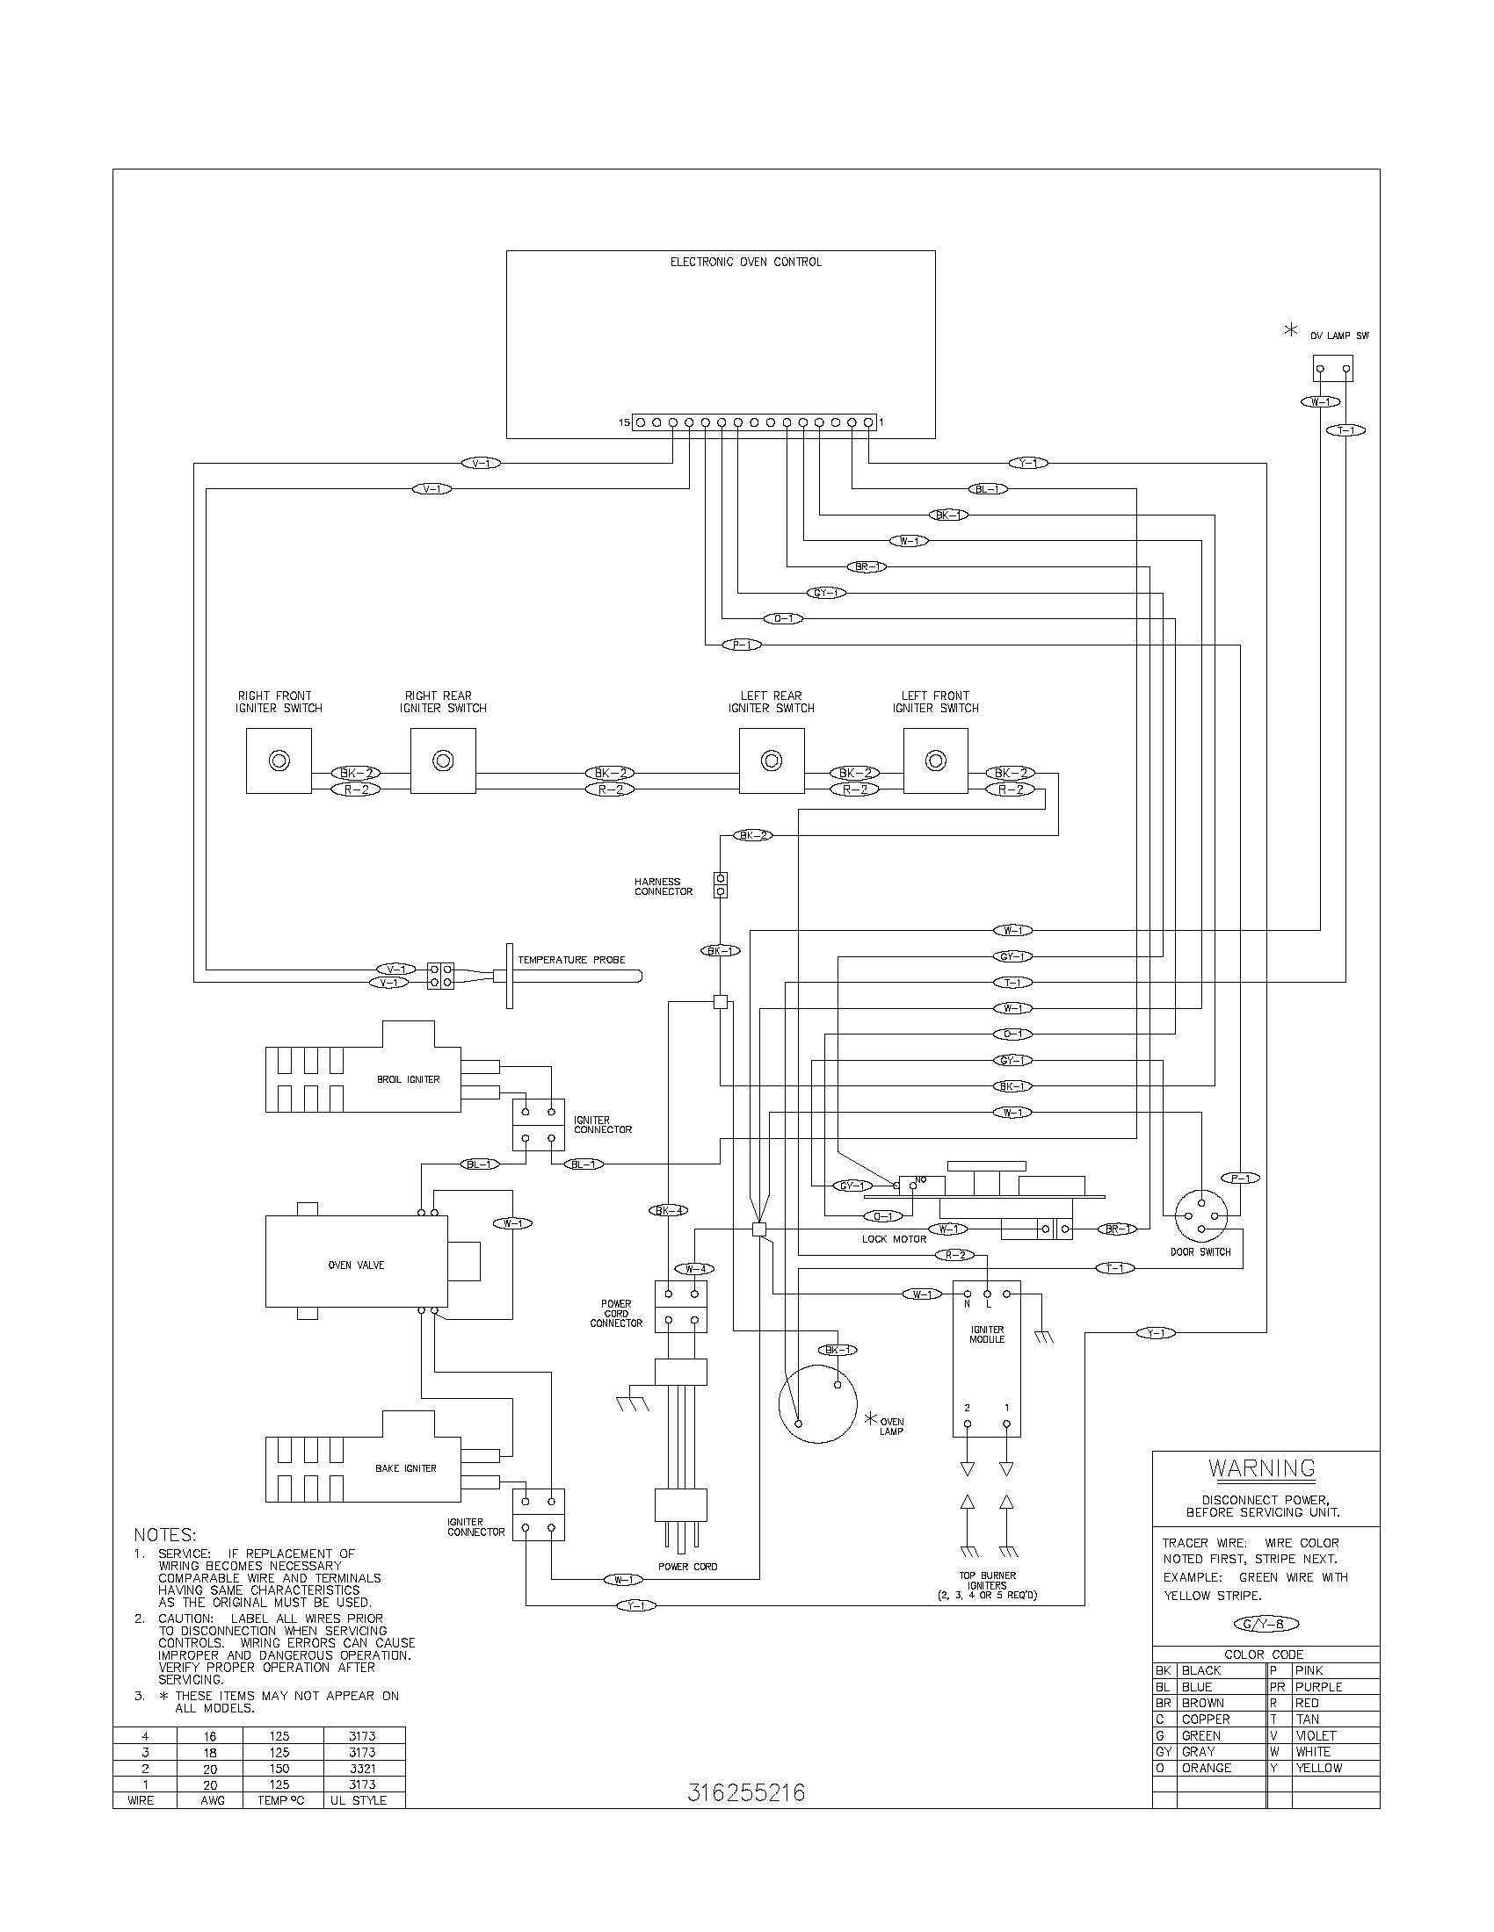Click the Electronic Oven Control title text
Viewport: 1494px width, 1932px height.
click(745, 262)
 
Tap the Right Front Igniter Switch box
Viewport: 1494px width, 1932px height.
click(279, 761)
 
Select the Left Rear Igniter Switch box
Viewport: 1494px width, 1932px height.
click(772, 761)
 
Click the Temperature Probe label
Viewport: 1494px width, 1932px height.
click(571, 960)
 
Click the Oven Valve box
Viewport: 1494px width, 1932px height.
click(356, 1265)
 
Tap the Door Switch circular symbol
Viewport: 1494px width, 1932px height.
click(1201, 1218)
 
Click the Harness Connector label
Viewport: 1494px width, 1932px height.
click(663, 886)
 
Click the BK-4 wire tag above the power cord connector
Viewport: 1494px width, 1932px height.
click(668, 1210)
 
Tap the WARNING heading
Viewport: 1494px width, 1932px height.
click(1261, 1468)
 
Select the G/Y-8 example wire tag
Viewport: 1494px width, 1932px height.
click(1266, 1624)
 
